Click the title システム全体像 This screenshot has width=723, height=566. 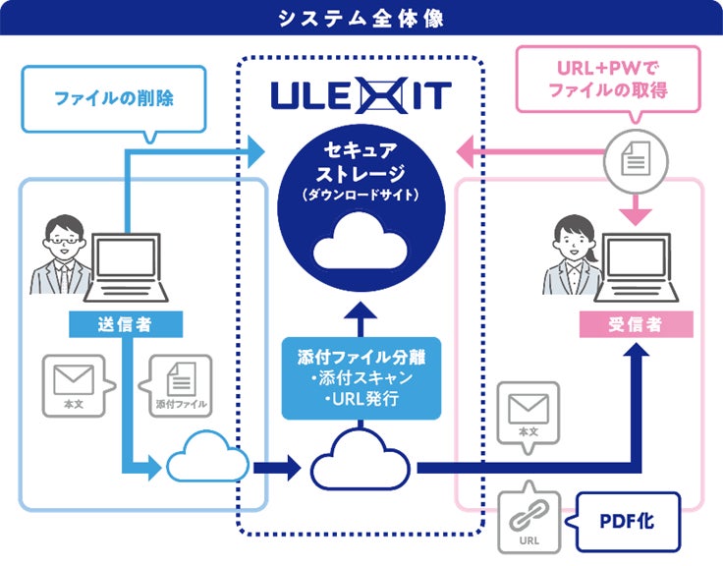(361, 18)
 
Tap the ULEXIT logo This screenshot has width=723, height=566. (361, 96)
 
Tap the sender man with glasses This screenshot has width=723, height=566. (60, 257)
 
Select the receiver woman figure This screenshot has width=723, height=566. (572, 257)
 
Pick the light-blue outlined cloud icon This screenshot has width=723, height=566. (207, 458)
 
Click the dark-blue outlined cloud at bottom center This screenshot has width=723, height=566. (361, 458)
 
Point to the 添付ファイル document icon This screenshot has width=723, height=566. (180, 386)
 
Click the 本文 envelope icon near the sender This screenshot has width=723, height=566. (73, 386)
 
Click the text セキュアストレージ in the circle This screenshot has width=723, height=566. (361, 165)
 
